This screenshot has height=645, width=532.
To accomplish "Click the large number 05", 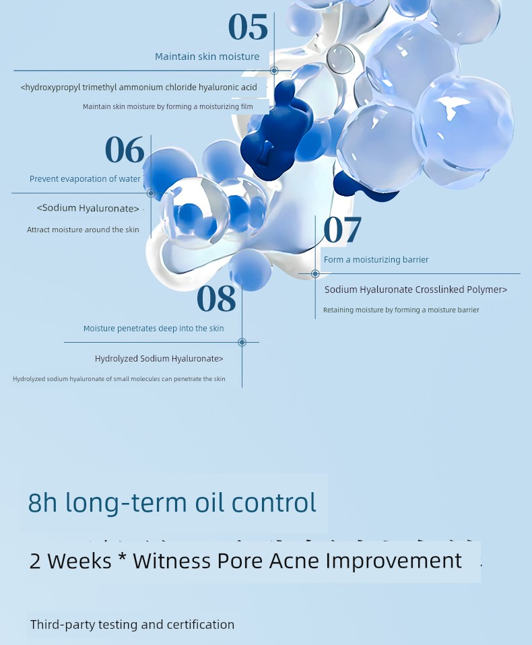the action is [248, 27].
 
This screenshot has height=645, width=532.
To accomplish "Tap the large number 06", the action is [125, 149].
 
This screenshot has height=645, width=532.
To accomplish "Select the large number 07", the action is [342, 229].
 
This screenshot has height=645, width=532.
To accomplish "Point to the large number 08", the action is [216, 298].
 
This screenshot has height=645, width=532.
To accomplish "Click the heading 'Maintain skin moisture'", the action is [207, 57].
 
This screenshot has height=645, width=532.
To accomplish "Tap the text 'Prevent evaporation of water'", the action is [85, 179].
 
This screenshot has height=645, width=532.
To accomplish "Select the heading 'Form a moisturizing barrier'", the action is [376, 260].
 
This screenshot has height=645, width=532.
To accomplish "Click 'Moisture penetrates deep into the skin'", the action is [154, 329].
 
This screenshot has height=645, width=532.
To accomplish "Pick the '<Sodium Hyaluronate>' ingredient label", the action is [88, 208].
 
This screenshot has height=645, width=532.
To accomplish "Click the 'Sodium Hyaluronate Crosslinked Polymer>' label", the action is [416, 290].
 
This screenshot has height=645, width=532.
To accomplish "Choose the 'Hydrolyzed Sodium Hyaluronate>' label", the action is [159, 359].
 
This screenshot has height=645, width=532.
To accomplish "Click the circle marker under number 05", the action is [274, 71].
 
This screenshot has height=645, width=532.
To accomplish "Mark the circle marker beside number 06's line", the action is [151, 193].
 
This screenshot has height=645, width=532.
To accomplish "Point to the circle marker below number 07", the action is [315, 273].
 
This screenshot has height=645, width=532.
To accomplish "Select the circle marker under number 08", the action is [242, 342].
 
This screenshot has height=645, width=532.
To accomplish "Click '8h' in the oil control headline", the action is [42, 502].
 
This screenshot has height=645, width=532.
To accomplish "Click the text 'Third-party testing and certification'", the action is [132, 624].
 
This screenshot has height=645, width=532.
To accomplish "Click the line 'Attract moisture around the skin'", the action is [83, 230].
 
